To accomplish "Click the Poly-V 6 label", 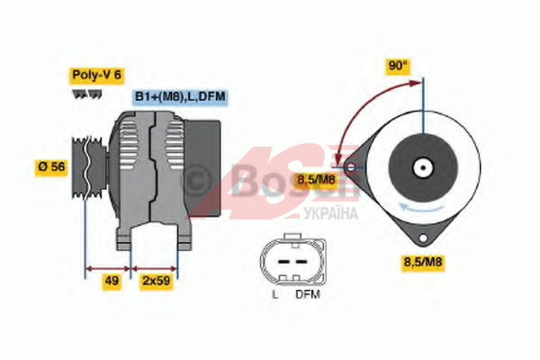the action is point(97,75).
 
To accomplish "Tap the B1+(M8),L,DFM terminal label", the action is point(180,97).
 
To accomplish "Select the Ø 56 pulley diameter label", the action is point(51,167).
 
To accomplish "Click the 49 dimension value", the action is point(112,281).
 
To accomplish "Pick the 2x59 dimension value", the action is point(157,281).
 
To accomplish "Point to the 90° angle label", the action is point(398,66).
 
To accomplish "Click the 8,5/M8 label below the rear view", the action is point(423,262).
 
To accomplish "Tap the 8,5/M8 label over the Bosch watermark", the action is point(316,179).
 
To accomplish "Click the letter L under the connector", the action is point(274,294).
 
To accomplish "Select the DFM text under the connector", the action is point(308,294).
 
